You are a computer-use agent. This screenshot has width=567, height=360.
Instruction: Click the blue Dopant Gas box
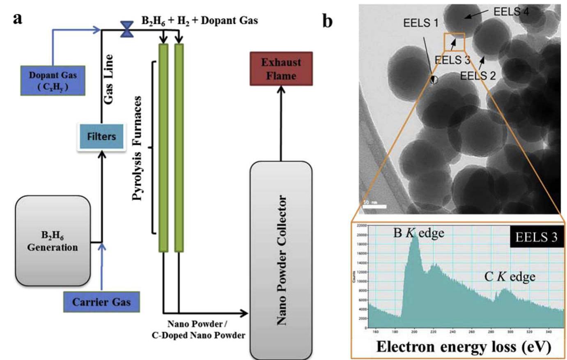coord(53,80)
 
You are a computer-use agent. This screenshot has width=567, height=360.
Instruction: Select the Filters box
coord(101,137)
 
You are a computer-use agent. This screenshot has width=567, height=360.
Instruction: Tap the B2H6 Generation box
coord(53,241)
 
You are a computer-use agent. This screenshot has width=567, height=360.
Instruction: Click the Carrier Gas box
coord(101,302)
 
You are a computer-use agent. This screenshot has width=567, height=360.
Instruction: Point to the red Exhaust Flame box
coord(281,69)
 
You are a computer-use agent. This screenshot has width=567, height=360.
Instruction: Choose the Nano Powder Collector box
coord(281,260)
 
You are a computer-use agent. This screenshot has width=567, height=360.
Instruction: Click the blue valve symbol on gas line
coord(127,29)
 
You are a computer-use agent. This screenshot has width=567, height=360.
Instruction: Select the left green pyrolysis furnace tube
coord(163,147)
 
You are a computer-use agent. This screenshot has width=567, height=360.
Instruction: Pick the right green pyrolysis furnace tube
coord(179,147)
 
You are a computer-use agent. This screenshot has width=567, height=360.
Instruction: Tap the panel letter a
coord(17,18)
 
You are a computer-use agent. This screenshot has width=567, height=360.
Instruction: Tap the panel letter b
coord(327,21)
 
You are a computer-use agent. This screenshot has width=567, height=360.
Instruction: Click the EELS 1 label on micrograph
coord(420,23)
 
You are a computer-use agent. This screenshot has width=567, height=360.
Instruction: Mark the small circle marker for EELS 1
coord(434,80)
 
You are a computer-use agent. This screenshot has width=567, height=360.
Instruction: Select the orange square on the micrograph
coord(454,42)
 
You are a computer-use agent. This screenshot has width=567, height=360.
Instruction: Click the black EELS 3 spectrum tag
coord(536,237)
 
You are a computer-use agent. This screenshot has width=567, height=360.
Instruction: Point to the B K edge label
coord(418,233)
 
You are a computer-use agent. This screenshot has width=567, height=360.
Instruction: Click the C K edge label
coord(510,277)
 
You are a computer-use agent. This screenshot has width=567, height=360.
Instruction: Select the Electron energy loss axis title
coord(463,346)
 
